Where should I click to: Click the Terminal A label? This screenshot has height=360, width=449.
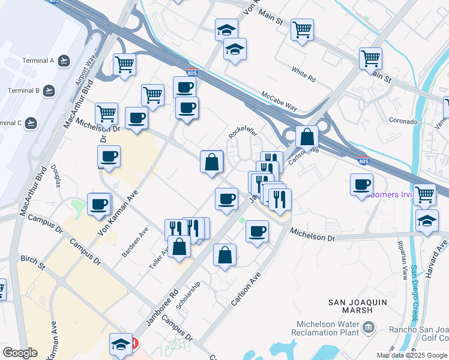tap(38, 61)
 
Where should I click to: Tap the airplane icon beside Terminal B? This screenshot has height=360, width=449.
tap(49, 91)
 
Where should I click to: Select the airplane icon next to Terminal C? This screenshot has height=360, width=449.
tap(31, 123)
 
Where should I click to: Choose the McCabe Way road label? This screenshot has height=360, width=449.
tap(279, 100)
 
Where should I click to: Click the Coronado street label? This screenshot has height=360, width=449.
tap(403, 121)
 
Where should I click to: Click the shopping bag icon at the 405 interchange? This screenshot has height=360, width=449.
tap(307, 136)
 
